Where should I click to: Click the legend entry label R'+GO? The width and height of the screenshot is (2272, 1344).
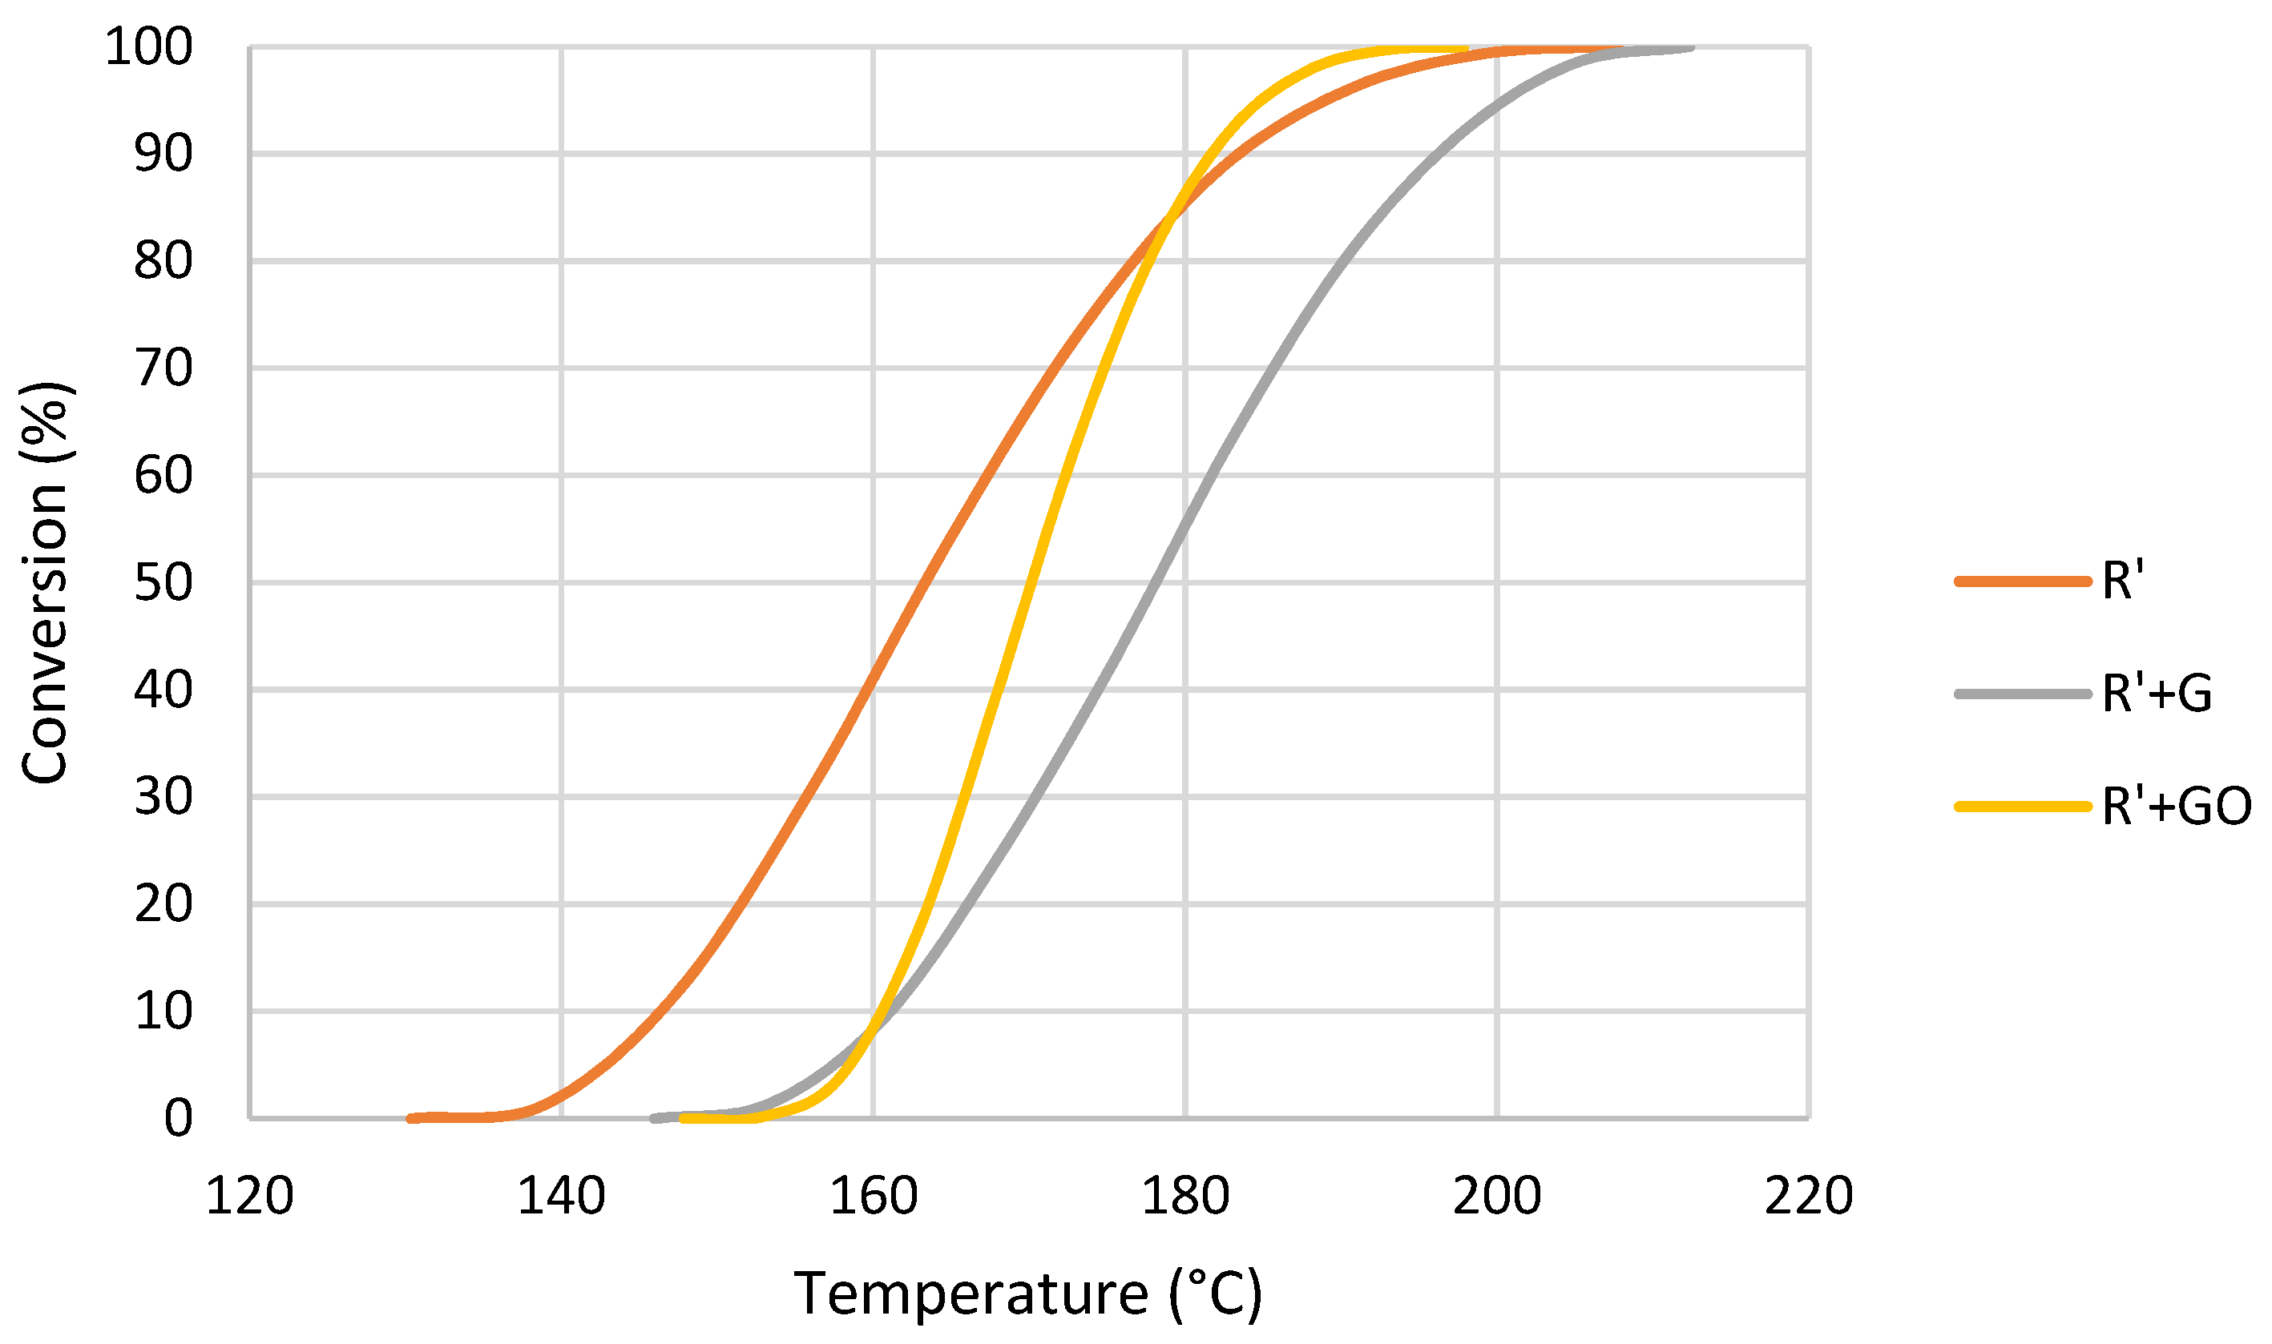(2176, 806)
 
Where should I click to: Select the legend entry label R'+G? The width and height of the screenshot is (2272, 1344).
(2157, 694)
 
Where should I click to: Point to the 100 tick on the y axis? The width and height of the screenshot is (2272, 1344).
(150, 47)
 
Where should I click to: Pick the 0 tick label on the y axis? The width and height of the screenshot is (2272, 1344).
(179, 1118)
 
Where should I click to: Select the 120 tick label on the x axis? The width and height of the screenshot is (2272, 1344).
(250, 1196)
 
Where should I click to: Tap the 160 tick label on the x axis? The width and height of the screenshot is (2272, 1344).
(874, 1196)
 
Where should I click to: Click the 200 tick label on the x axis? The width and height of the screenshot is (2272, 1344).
(1496, 1196)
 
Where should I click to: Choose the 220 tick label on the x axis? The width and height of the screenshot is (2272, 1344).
(1808, 1196)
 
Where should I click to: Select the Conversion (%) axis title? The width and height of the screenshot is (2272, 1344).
(46, 582)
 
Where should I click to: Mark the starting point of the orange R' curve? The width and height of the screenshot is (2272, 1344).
(411, 1118)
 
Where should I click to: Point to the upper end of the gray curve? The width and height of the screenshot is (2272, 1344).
(1690, 48)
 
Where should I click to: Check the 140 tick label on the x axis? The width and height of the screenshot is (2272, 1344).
(561, 1196)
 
